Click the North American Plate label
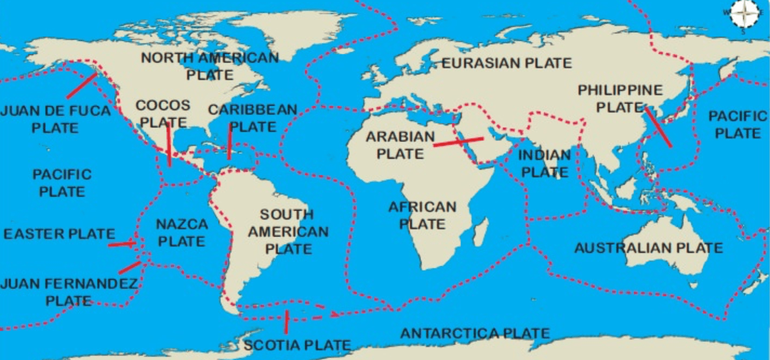point(210,66)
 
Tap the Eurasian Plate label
point(507,63)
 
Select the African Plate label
point(422,215)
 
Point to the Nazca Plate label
point(182,232)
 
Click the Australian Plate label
point(648,248)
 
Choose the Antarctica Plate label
point(475,334)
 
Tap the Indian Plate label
point(544,164)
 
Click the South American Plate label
point(288,231)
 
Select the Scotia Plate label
point(297,344)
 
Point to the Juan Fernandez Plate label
point(68,292)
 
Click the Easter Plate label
point(59,234)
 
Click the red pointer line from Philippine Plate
point(658,128)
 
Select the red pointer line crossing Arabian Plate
point(459,142)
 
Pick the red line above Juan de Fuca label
point(82,86)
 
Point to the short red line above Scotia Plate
point(286,322)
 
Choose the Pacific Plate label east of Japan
point(738,124)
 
